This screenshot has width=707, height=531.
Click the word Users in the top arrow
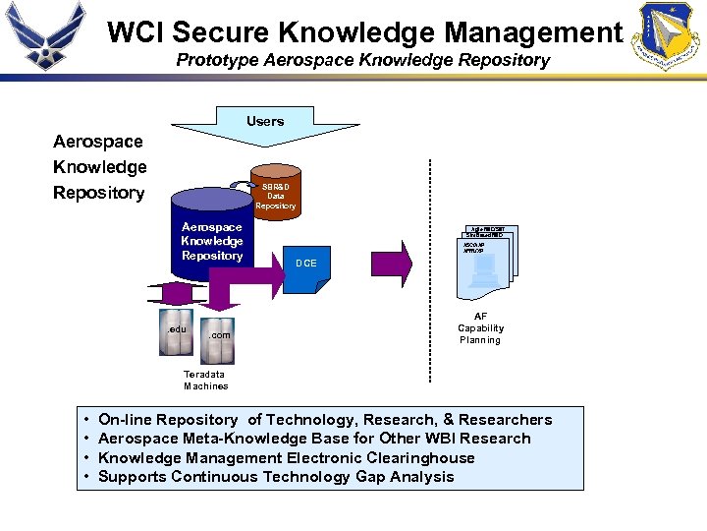265,121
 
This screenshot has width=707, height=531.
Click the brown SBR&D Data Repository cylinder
275,195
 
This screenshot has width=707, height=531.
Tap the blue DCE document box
306,264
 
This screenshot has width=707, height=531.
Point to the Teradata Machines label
205,380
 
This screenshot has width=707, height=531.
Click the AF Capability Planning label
481,328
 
